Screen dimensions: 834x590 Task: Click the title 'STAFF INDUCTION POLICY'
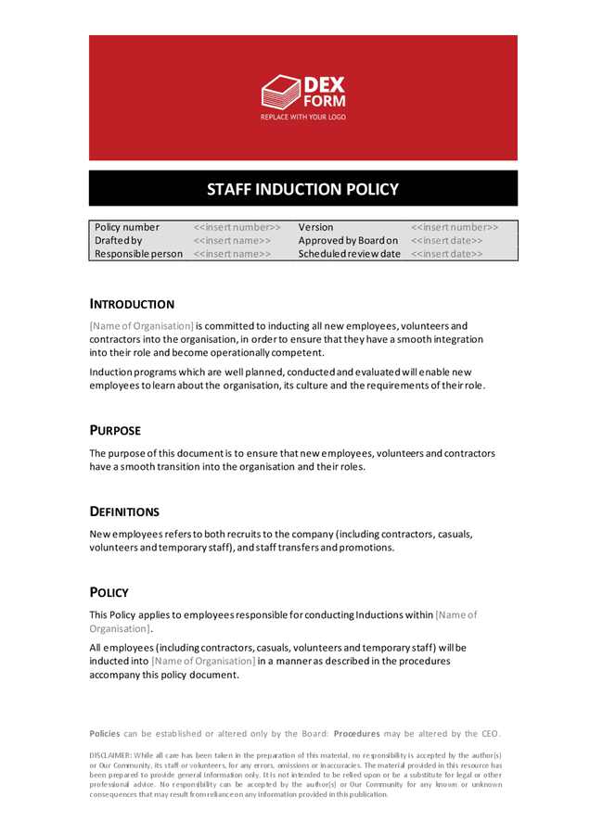302,190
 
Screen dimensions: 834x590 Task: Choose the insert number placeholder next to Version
455,227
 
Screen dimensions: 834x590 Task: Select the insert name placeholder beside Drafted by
232,241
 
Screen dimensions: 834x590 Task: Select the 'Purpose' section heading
116,431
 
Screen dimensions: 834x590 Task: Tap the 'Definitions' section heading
125,512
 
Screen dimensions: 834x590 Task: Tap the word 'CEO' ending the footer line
490,733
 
